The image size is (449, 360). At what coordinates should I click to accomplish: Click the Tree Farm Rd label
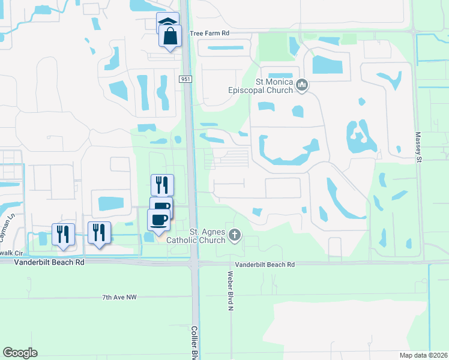click(209, 34)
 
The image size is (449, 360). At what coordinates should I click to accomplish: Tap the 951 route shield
click(185, 79)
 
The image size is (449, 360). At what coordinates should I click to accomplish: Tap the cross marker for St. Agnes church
click(234, 235)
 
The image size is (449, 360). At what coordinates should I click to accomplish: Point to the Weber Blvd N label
click(230, 290)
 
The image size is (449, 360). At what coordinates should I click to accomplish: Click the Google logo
click(20, 353)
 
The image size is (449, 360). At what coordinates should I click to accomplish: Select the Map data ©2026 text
click(423, 355)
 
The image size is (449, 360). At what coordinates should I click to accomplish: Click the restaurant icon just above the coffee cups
click(161, 184)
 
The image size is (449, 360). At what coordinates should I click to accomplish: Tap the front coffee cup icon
click(159, 219)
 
